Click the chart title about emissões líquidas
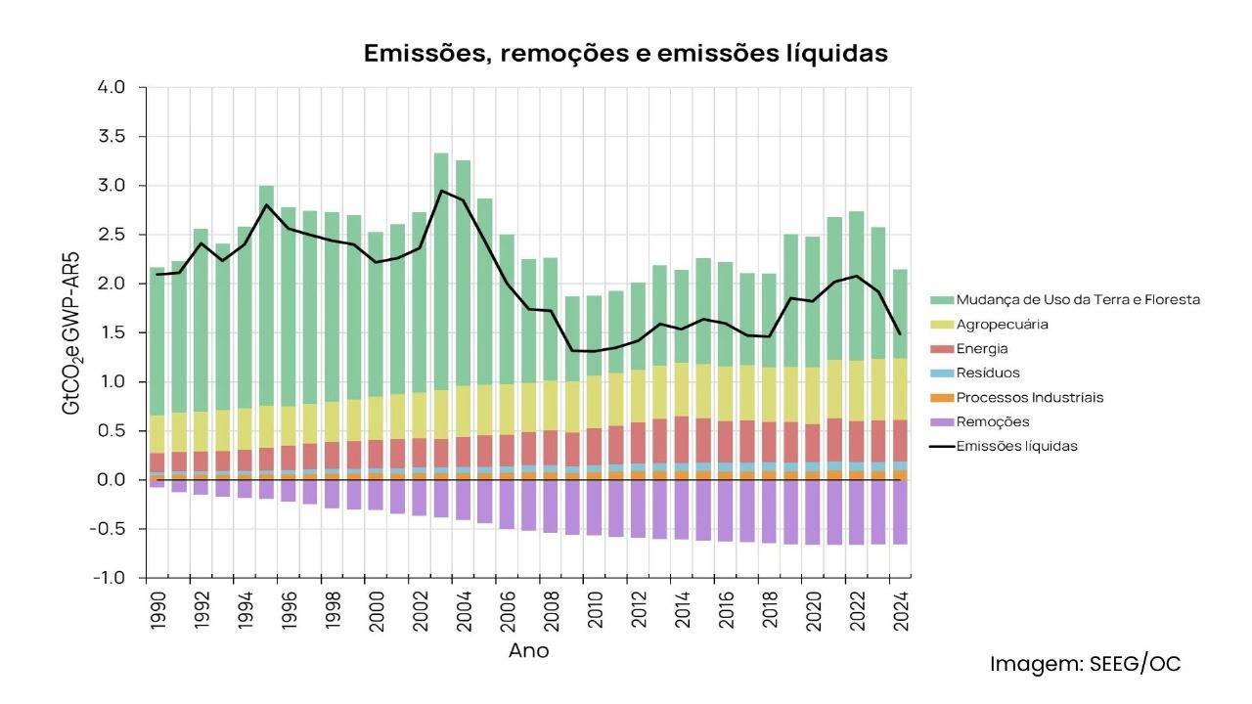click(625, 54)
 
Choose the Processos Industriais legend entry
click(1029, 397)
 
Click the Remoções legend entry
click(992, 421)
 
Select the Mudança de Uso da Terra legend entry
click(1077, 299)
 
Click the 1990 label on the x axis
click(157, 608)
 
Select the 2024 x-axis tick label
click(899, 608)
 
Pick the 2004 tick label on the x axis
click(463, 608)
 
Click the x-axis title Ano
click(528, 651)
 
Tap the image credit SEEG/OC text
click(1086, 664)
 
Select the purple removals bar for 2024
click(899, 512)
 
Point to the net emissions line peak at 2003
click(441, 191)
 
